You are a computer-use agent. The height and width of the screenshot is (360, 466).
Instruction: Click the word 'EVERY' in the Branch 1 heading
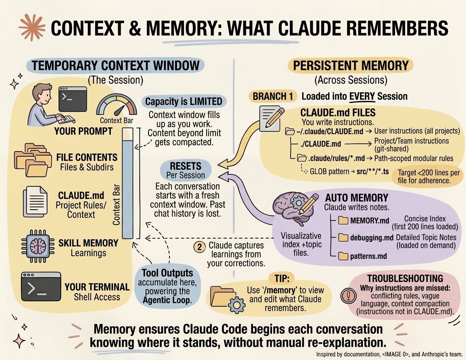point(362,96)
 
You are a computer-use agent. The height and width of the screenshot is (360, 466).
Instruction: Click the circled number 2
point(200,247)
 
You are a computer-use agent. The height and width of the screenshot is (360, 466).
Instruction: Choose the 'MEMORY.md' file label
point(370,220)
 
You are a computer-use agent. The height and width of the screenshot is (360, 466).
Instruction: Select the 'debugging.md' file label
point(371,238)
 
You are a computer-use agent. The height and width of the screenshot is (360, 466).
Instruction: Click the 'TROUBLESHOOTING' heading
point(405,278)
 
